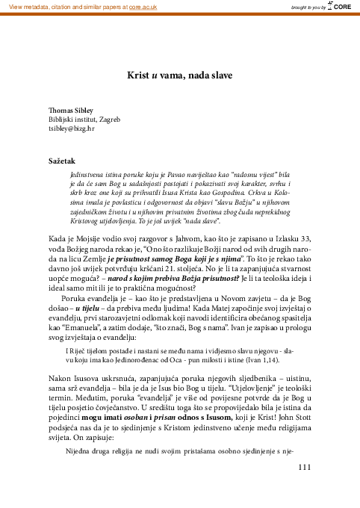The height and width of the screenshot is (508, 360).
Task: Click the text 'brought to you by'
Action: click(308, 7)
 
